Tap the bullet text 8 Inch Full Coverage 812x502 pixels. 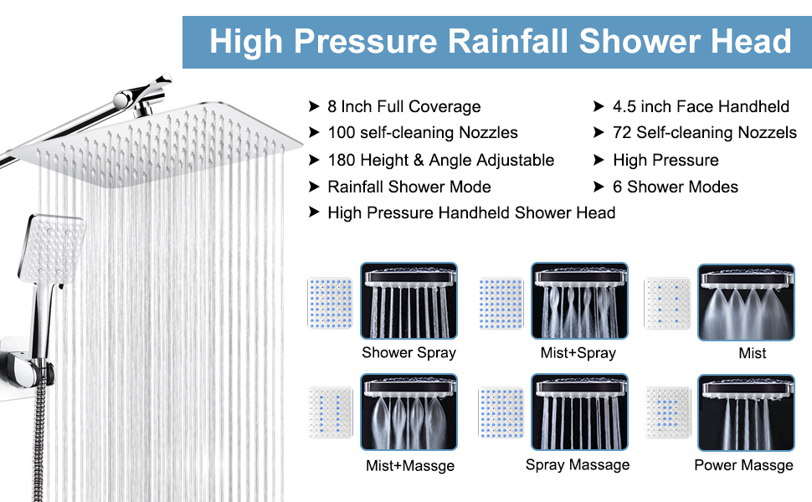[404, 106]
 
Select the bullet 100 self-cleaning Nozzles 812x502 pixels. [423, 132]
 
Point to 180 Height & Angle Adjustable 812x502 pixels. [440, 160]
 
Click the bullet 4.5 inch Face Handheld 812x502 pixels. [701, 106]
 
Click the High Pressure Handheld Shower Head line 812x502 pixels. [471, 213]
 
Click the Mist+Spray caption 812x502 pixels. [578, 352]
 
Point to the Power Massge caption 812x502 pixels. [743, 465]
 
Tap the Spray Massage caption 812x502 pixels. [578, 464]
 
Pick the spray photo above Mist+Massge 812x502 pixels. [409, 412]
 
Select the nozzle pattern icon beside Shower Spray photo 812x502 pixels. [331, 302]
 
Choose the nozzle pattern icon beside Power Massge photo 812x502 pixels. [668, 412]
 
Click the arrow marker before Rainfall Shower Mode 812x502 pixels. [314, 187]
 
